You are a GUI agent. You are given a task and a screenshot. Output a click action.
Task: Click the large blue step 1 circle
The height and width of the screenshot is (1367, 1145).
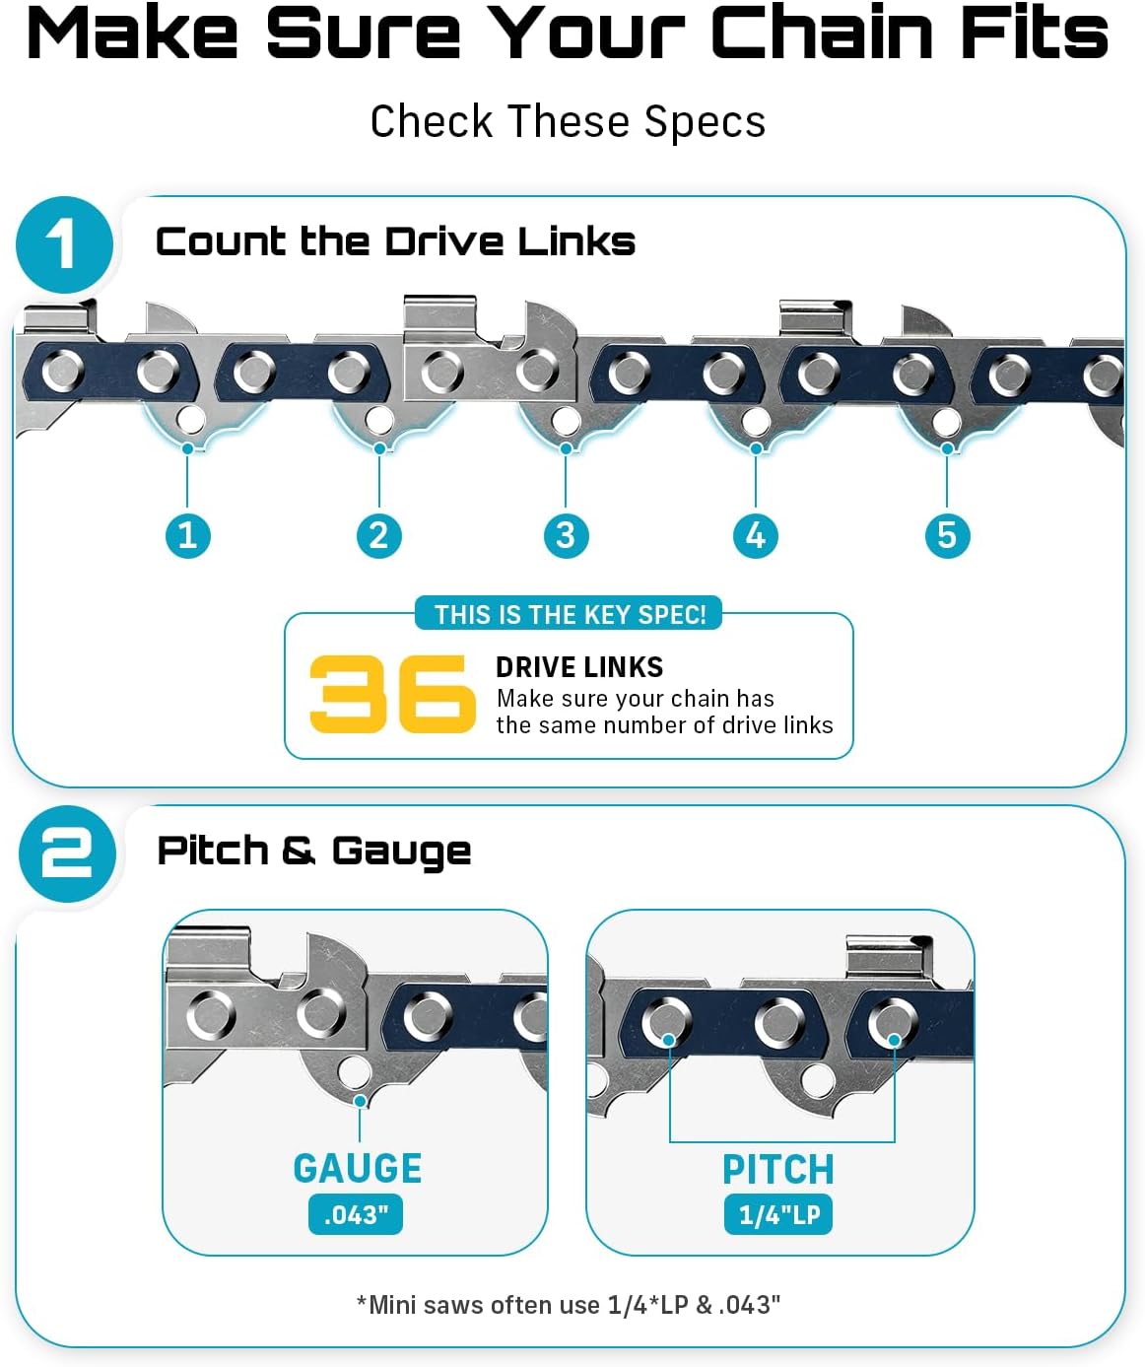[64, 244]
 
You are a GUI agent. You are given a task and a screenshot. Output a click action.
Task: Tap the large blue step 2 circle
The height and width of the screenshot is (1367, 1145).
[67, 854]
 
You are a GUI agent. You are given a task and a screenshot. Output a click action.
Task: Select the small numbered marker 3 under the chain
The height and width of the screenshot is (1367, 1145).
[567, 535]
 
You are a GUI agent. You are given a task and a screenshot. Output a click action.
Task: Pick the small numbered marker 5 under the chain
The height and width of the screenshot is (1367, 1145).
[947, 535]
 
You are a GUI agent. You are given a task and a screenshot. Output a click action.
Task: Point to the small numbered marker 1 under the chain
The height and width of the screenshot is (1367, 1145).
[188, 535]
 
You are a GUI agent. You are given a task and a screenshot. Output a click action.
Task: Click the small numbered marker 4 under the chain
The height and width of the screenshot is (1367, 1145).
[756, 535]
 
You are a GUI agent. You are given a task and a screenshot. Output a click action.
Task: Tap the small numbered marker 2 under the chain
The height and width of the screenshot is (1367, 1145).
[379, 535]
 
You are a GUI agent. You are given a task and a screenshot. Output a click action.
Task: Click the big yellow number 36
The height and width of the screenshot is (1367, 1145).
[392, 694]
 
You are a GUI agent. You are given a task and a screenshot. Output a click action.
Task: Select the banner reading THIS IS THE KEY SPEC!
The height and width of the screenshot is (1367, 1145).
[569, 614]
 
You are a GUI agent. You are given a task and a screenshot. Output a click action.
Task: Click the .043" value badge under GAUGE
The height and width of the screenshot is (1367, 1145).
[356, 1214]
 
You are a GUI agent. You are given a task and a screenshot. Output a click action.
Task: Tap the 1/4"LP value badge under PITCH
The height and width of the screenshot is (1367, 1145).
[778, 1214]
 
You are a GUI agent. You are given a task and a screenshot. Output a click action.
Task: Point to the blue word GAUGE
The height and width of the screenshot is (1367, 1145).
[358, 1169]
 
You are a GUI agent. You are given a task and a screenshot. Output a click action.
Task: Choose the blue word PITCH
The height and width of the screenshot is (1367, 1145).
[778, 1170]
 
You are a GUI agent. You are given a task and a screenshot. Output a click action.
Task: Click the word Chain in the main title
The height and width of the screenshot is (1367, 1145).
[822, 33]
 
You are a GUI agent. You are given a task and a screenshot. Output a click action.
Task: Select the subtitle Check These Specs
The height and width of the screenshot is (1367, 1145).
[568, 122]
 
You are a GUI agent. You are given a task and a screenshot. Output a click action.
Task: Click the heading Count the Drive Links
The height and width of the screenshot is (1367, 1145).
[395, 241]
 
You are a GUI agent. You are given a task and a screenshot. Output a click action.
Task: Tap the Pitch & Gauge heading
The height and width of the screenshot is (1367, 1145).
[314, 852]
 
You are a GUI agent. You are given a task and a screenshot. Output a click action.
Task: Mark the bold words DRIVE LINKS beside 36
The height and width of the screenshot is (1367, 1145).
[579, 667]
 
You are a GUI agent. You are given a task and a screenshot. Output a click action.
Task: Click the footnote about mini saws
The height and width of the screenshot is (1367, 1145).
[569, 1305]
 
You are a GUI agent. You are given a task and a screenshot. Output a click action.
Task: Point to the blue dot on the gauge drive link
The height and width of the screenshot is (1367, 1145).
[360, 1101]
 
